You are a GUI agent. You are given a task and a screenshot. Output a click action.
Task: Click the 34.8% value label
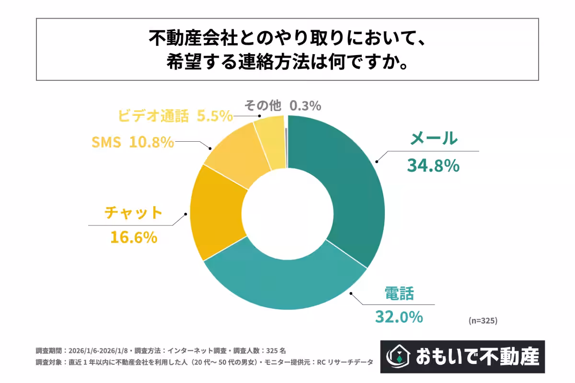pyautogui.click(x=433, y=166)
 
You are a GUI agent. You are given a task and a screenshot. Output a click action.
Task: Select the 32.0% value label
pyautogui.click(x=399, y=316)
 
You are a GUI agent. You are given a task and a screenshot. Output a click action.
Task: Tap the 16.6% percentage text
pyautogui.click(x=134, y=237)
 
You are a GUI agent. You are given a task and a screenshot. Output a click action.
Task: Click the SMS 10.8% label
pyautogui.click(x=132, y=142)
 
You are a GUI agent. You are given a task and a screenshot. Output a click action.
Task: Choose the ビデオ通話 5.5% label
pyautogui.click(x=175, y=116)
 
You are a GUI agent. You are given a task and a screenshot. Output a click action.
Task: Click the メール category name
pyautogui.click(x=434, y=139)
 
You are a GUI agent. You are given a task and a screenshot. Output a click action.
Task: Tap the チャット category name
pyautogui.click(x=134, y=213)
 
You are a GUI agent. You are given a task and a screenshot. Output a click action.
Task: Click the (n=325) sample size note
pyautogui.click(x=483, y=321)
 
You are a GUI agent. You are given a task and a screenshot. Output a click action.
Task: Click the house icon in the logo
pyautogui.click(x=397, y=356)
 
